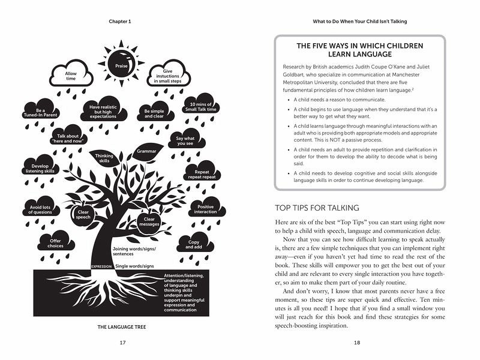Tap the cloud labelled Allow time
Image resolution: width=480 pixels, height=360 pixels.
tap(71, 76)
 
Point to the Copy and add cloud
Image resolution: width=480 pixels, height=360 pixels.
tap(193, 244)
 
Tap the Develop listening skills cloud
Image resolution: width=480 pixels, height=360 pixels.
tap(40, 169)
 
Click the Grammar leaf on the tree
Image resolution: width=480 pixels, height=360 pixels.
tap(146, 151)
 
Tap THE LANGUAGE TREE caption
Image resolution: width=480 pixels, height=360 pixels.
tap(122, 327)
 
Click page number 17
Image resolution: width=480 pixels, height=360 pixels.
tap(122, 343)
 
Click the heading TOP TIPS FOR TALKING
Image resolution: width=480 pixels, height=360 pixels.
tap(317, 208)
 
